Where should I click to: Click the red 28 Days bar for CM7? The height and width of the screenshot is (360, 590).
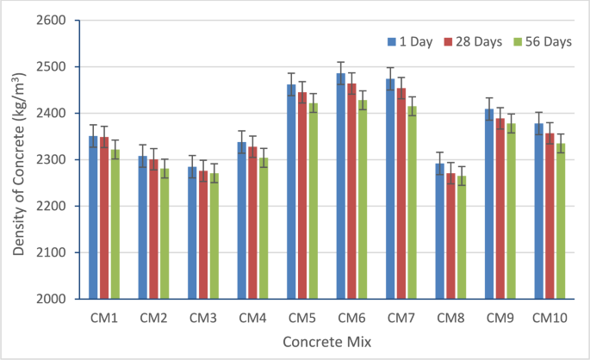tap(401, 194)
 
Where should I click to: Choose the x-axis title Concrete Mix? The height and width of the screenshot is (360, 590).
tap(327, 342)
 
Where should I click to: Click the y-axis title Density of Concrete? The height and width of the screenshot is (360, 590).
tap(19, 159)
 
